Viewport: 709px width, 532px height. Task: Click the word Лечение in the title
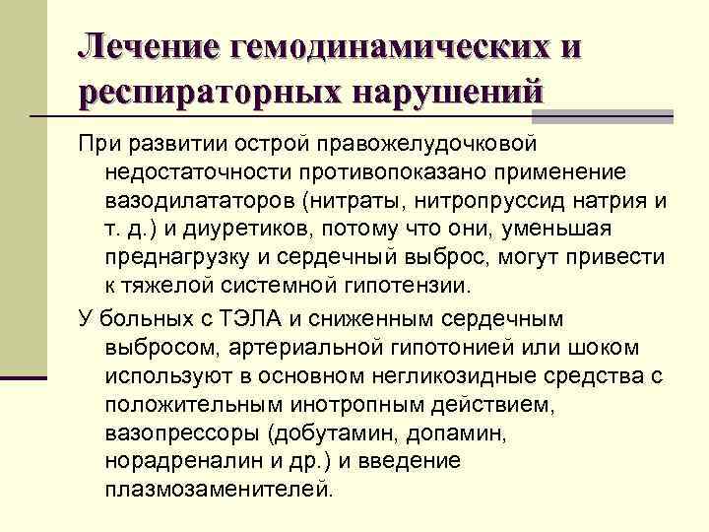pyautogui.click(x=148, y=46)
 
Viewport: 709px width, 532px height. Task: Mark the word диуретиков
pyautogui.click(x=259, y=230)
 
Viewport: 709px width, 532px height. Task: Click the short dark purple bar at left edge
pyautogui.click(x=24, y=377)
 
